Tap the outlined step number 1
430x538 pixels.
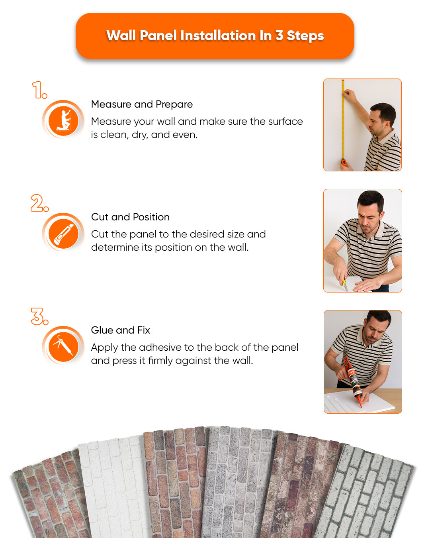39,90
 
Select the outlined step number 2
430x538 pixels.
39,203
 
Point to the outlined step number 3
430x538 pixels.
39,316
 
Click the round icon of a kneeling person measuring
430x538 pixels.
63,120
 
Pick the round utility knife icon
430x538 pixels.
63,233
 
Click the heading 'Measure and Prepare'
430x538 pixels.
142,104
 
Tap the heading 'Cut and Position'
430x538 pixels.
130,217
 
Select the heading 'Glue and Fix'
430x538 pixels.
120,330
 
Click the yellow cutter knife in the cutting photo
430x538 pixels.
344,283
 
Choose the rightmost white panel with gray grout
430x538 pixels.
366,494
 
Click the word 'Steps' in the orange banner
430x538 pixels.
305,36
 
